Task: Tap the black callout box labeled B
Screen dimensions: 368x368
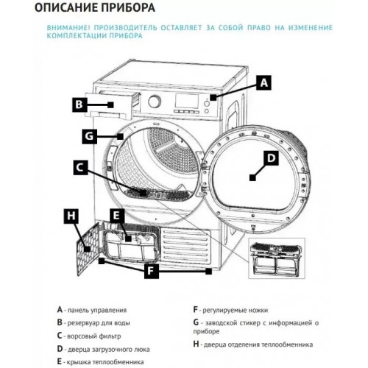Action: tap(82, 105)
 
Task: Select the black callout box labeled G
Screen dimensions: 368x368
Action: tap(89, 136)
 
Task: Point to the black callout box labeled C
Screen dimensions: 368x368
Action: tap(81, 167)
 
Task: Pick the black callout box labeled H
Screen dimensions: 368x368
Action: tap(71, 216)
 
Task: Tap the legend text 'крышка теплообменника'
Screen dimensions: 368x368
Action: tap(103, 361)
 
